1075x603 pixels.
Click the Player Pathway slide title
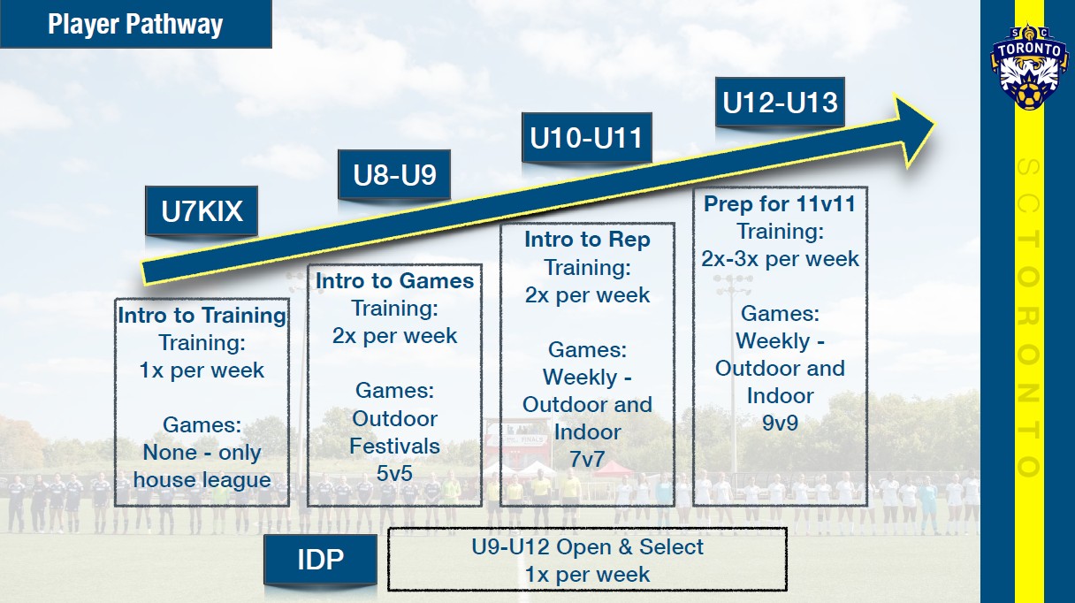pyautogui.click(x=134, y=24)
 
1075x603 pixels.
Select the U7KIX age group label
pyautogui.click(x=202, y=211)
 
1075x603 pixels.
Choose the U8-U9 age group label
pyautogui.click(x=394, y=175)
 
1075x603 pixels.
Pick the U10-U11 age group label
pyautogui.click(x=585, y=138)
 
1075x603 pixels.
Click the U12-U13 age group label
pyautogui.click(x=780, y=103)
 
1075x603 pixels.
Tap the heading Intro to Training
pyautogui.click(x=202, y=316)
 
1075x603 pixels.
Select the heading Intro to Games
pyautogui.click(x=394, y=281)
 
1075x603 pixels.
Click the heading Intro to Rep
pyautogui.click(x=587, y=240)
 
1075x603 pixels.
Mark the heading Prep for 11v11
pyautogui.click(x=780, y=204)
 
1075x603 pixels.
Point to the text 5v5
pyautogui.click(x=394, y=473)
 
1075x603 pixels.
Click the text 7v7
pyautogui.click(x=587, y=459)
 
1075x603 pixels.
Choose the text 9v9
pyautogui.click(x=780, y=423)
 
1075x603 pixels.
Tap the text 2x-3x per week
pyautogui.click(x=780, y=259)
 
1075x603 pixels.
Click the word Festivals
pyautogui.click(x=394, y=446)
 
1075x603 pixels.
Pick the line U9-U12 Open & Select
pyautogui.click(x=587, y=547)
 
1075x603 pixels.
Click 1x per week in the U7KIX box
pyautogui.click(x=202, y=370)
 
